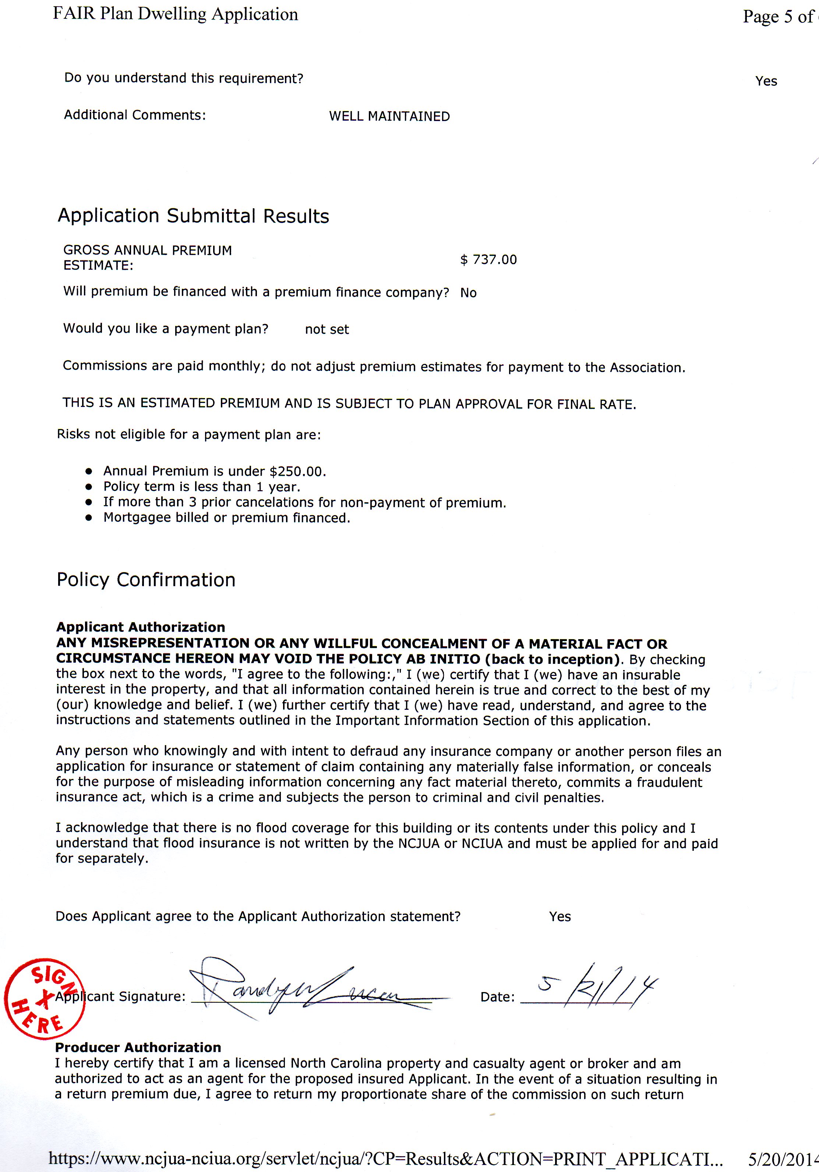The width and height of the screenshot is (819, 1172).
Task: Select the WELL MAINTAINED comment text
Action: coord(389,116)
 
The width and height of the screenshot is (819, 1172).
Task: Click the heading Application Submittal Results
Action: coord(193,216)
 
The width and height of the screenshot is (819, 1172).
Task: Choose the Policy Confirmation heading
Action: coord(146,580)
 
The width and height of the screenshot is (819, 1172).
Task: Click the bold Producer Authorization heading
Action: coord(138,1048)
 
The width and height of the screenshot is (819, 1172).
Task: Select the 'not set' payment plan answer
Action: coord(327,329)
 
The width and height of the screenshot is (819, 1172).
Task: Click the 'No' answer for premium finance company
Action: coord(468,293)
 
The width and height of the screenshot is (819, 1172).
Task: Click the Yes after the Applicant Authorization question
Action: coord(559,916)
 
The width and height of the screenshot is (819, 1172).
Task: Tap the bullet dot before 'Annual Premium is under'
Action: coord(89,471)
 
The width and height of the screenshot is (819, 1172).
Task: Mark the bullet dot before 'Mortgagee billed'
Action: coord(89,518)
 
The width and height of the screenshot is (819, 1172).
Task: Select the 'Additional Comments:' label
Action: coord(135,116)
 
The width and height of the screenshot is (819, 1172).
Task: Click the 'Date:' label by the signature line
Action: coord(497,997)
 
